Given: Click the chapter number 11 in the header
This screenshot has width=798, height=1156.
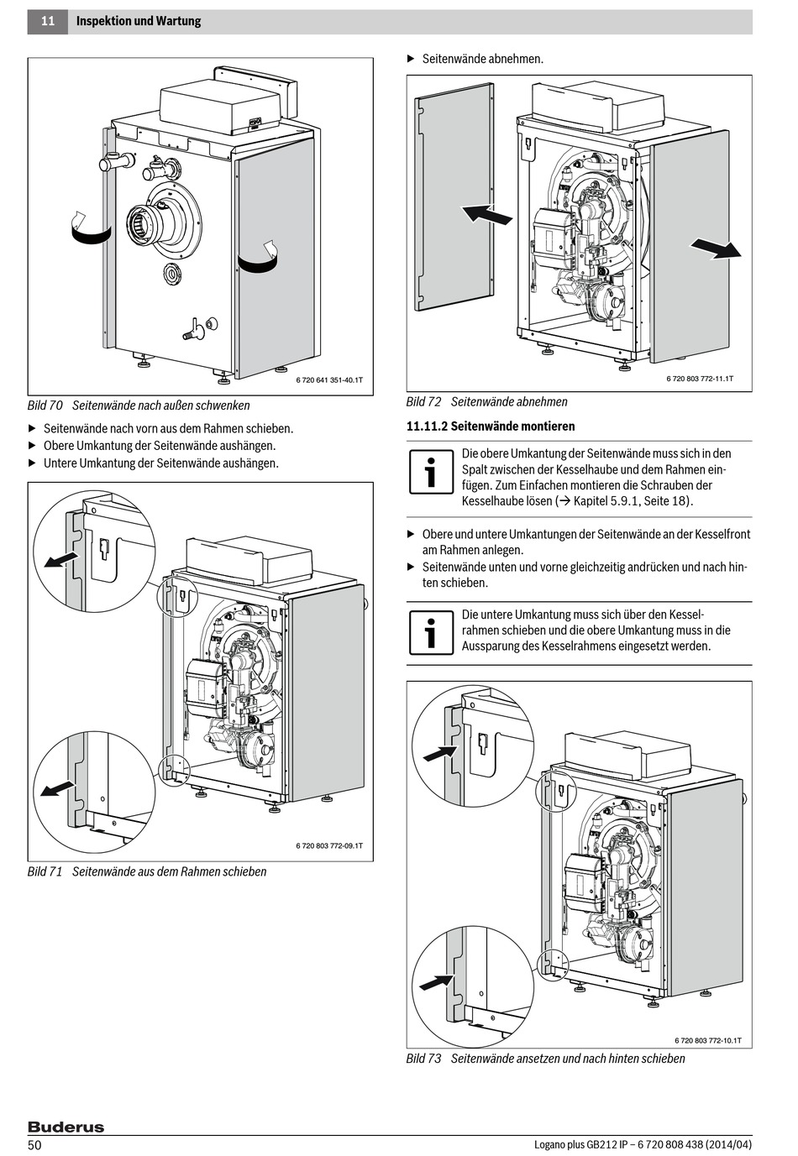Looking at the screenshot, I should (x=48, y=21).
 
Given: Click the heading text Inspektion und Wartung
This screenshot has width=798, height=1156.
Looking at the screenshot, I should (x=139, y=21).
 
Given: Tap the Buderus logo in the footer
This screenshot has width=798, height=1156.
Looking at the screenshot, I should (x=66, y=1127).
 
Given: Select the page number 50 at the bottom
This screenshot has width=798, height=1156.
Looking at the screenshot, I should (x=35, y=1145).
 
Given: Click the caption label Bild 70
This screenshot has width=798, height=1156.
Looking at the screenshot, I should (x=45, y=405).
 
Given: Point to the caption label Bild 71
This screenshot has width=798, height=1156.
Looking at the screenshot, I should (x=45, y=871).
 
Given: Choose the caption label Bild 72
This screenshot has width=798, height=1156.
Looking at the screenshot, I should (x=424, y=402).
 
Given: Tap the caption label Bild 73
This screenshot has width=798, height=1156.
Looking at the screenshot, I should (x=424, y=1059).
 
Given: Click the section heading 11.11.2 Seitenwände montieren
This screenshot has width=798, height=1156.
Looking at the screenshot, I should (x=491, y=426).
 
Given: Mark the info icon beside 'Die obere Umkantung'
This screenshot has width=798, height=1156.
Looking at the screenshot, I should (x=431, y=473).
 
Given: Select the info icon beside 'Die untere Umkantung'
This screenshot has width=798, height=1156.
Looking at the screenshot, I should (x=431, y=632).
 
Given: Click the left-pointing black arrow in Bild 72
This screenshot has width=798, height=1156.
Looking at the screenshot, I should (x=487, y=214).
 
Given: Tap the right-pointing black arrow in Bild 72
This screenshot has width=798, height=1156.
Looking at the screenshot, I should (x=715, y=248).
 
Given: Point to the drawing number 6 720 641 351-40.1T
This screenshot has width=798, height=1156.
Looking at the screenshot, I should (x=329, y=380).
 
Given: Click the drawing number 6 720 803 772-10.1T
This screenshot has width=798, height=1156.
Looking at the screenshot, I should (x=708, y=1041).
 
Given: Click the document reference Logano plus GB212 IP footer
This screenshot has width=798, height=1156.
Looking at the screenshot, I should (x=643, y=1145).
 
